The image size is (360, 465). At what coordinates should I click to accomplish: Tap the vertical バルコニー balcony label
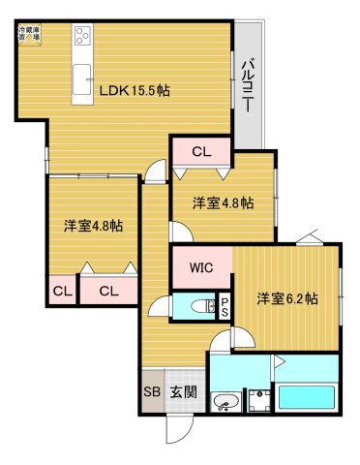coord(247,84)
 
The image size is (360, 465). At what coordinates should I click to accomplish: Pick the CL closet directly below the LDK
coord(201,151)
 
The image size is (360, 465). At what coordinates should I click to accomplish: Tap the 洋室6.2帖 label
coord(286,298)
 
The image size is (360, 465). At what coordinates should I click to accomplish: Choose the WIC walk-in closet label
coord(201,266)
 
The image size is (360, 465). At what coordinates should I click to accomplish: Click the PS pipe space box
coord(225,306)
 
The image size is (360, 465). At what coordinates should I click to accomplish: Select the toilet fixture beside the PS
coord(200,307)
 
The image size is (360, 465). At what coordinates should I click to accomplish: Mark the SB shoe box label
coord(152,392)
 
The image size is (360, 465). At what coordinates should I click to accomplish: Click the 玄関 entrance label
coord(183,392)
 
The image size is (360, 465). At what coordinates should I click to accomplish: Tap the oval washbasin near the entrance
coord(226,401)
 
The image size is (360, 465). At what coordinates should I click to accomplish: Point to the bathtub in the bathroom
coord(306,398)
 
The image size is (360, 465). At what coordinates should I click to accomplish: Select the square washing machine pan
coord(259,400)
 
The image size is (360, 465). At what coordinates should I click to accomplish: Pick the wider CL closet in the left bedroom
coord(107,290)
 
